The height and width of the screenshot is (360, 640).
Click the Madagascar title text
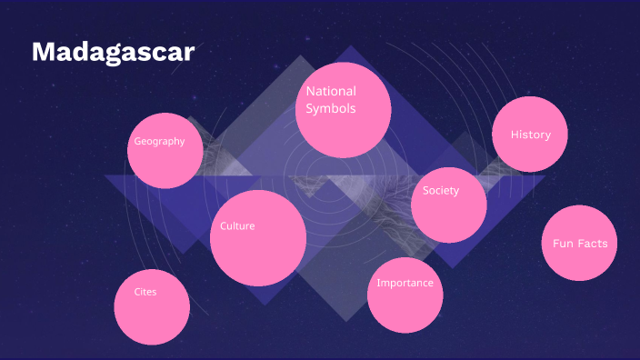pyautogui.click(x=113, y=52)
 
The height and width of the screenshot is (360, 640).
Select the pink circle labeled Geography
pyautogui.click(x=165, y=151)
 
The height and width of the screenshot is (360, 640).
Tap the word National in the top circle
pyautogui.click(x=331, y=91)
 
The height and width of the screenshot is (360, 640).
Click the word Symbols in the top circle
pyautogui.click(x=330, y=109)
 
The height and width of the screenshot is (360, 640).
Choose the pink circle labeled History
pyautogui.click(x=530, y=135)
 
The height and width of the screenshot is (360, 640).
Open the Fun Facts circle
pyautogui.click(x=579, y=243)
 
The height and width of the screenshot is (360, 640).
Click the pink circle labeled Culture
pyautogui.click(x=258, y=238)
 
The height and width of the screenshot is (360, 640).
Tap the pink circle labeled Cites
pyautogui.click(x=152, y=306)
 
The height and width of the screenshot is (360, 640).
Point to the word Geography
pyautogui.click(x=159, y=141)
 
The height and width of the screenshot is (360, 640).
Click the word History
pyautogui.click(x=531, y=135)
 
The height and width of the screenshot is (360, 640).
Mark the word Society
pyautogui.click(x=441, y=191)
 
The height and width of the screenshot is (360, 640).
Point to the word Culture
pyautogui.click(x=237, y=225)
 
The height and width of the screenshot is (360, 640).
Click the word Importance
pyautogui.click(x=405, y=283)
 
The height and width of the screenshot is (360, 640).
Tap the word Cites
pyautogui.click(x=145, y=292)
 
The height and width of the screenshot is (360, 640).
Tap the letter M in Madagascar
pyautogui.click(x=42, y=53)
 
